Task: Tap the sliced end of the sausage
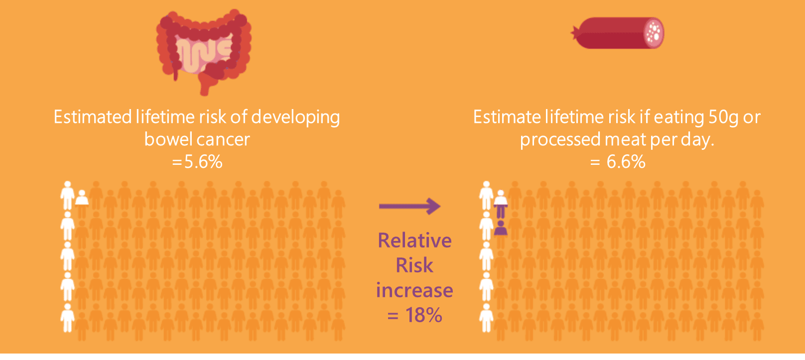coord(654,33)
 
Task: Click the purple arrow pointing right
coord(409,206)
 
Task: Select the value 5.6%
coord(203,162)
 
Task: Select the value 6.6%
coord(626,162)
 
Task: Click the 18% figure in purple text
coord(423,315)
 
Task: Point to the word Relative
coord(414,240)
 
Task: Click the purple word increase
coord(414,290)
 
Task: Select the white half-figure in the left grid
coord(82,198)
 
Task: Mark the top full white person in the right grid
coord(486,195)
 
